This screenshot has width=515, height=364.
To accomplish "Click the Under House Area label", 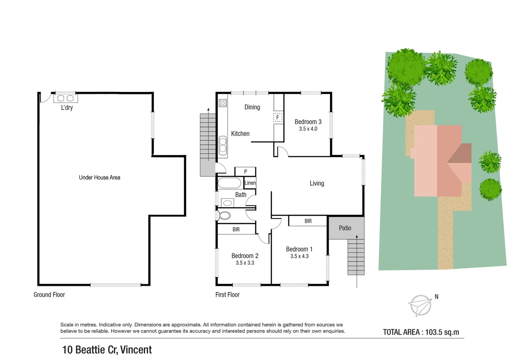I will [99, 178].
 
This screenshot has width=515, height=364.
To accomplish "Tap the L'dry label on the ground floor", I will [67, 108].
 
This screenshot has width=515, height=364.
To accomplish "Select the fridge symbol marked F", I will [278, 118].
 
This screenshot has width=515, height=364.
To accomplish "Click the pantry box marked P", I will [245, 172].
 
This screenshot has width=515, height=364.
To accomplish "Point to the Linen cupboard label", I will [250, 183].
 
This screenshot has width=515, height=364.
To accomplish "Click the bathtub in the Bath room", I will [229, 183].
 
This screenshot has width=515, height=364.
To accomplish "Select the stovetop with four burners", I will [223, 103].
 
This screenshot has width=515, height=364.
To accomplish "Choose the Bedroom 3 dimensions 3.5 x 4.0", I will [308, 129].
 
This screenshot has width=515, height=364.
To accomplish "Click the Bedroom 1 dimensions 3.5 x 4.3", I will [299, 256].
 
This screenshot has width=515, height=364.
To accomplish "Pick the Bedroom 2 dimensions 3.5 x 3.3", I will [245, 263].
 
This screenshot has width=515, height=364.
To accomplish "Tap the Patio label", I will [345, 228].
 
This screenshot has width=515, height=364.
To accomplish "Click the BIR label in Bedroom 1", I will [308, 221].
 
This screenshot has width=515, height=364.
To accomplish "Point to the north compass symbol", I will [420, 305].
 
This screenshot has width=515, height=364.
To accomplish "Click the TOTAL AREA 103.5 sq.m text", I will [421, 332].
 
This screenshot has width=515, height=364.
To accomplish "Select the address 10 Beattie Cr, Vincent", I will [107, 350].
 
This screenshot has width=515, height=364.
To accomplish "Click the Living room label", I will [317, 183].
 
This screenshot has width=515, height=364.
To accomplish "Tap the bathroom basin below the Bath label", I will [228, 203].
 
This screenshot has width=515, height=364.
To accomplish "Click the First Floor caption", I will [227, 295].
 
